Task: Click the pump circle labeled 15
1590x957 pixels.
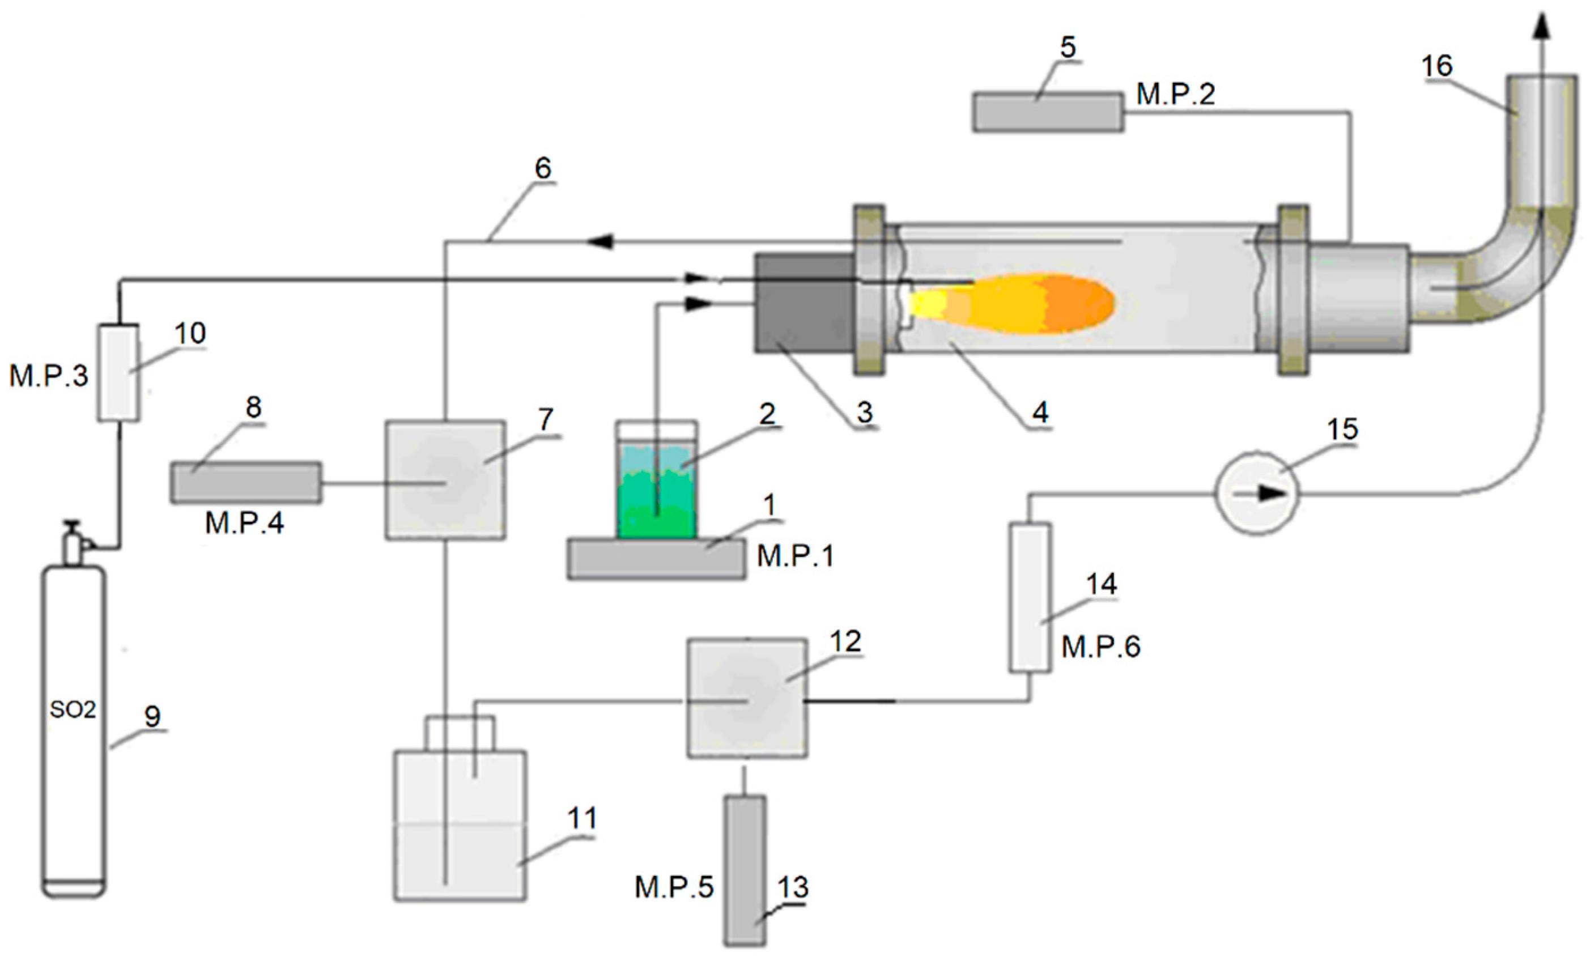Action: coord(1256,493)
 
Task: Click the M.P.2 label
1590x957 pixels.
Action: coord(1175,95)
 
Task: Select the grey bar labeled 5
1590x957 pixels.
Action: coord(1048,113)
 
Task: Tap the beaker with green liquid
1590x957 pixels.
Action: coord(656,480)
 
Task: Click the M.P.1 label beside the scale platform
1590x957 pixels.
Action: coord(795,555)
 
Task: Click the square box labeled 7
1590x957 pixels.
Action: coord(445,480)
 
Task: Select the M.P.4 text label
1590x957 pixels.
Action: coord(244,524)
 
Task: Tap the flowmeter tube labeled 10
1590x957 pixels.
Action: coord(118,373)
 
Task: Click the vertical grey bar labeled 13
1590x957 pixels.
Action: coord(745,870)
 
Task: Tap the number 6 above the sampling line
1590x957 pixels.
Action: coord(543,169)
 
